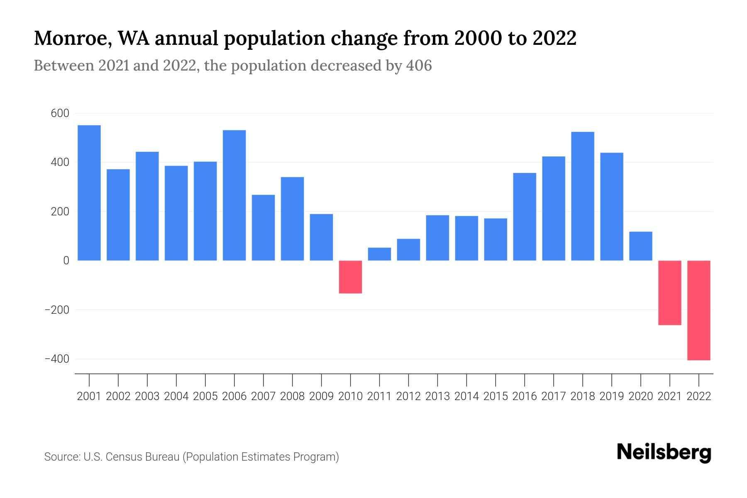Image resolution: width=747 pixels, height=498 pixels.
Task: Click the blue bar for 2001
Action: point(89,193)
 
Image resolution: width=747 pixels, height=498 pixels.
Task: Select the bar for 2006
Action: point(234,195)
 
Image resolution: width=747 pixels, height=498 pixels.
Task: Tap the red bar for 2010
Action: point(351,277)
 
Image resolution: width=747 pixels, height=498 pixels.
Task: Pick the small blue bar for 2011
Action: point(380,254)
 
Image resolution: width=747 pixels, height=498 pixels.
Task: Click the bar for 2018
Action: point(583,196)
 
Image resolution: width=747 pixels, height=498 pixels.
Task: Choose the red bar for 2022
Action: point(699,310)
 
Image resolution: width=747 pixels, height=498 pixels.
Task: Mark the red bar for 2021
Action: point(670,293)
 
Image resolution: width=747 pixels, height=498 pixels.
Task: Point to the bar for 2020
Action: point(641,246)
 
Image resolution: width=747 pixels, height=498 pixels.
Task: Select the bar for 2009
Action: point(322,237)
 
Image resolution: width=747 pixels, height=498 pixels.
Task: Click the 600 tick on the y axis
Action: point(60,113)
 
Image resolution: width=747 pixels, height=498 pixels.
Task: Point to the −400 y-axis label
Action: point(57,359)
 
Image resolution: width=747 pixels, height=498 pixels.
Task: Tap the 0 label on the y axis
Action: point(66,261)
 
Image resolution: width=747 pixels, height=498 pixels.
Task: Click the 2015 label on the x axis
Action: point(496,396)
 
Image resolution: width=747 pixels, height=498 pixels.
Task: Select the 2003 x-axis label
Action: point(147,396)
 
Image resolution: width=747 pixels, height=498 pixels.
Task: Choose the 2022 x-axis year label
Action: point(699,396)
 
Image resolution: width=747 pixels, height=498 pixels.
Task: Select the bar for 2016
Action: point(525,217)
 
